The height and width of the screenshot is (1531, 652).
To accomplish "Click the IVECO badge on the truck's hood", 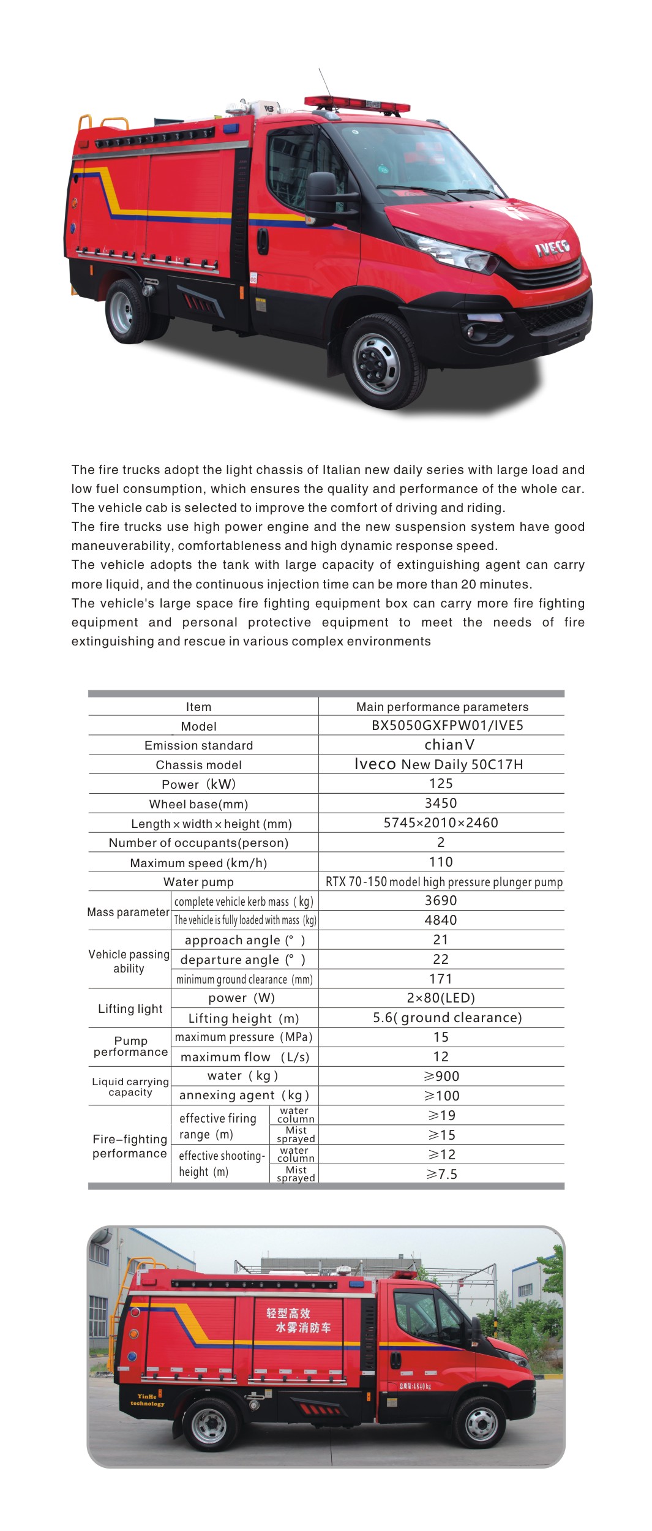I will coord(552,247).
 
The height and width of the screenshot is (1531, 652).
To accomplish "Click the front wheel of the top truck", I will coord(376,361).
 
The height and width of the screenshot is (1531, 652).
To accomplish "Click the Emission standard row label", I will coord(198,745).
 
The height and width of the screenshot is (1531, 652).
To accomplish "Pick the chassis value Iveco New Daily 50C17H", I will coord(438,764).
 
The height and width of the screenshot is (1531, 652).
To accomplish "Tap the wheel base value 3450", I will coord(441,803).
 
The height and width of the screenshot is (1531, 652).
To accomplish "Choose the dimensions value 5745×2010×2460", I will coord(441,823).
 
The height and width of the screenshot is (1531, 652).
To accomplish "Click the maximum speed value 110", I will coord(441,862).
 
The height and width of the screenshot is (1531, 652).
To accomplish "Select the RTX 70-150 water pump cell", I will coord(443,882).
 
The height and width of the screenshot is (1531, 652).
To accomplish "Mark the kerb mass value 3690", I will coord(441,901).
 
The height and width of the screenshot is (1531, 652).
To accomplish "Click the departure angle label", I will coord(242,960).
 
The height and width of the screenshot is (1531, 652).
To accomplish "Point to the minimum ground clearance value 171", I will coord(441,979).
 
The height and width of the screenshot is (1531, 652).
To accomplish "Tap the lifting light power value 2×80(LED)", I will coord(441,998).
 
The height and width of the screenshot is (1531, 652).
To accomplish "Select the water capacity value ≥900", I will coord(441,1077).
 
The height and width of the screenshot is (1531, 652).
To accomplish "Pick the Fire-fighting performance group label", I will coord(130,1146).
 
